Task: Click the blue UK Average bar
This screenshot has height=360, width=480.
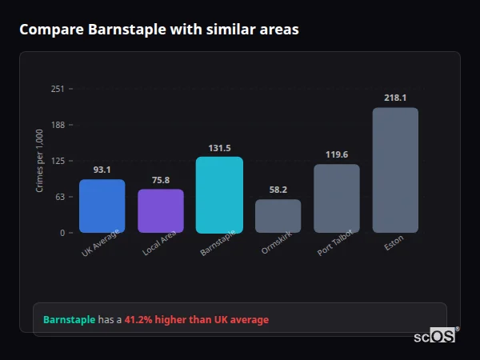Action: pos(102,206)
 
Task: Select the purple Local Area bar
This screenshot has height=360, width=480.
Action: pos(161,210)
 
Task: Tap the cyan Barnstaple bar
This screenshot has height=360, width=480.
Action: pos(219,194)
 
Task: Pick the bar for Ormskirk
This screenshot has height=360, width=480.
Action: pos(278,216)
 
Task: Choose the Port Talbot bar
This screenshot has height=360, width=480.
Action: pos(337,198)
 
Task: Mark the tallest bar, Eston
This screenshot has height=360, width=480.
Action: pos(395,170)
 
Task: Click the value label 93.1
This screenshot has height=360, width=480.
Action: pos(102,170)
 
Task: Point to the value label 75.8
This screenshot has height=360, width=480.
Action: pos(161,180)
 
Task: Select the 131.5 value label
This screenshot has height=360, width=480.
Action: pos(219,148)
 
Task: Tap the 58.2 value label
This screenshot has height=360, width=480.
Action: pos(278,190)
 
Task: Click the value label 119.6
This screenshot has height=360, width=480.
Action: pos(337,155)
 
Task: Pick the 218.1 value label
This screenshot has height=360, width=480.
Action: pos(395,98)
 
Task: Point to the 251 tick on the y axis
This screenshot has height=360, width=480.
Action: pos(57,89)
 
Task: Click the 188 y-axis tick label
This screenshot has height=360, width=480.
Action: pos(57,125)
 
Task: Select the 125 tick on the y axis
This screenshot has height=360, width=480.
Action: pos(57,161)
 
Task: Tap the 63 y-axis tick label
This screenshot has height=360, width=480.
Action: pos(59,197)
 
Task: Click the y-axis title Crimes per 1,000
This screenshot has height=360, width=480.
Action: pos(39,161)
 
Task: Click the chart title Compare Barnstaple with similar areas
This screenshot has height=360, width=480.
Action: pos(159,30)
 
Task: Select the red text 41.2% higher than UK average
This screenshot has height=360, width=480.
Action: pos(197,320)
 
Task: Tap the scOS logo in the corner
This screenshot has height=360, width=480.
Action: pos(434,336)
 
